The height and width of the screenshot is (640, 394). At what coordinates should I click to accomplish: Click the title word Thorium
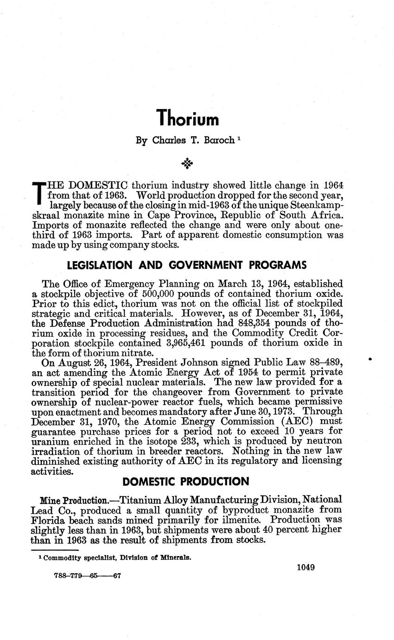coord(187,118)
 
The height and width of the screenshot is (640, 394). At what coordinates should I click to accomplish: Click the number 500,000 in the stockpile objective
coord(158,294)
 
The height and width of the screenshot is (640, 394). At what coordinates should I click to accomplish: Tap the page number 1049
coord(306,567)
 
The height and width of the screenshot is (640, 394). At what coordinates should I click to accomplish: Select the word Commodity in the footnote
coord(67,558)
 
